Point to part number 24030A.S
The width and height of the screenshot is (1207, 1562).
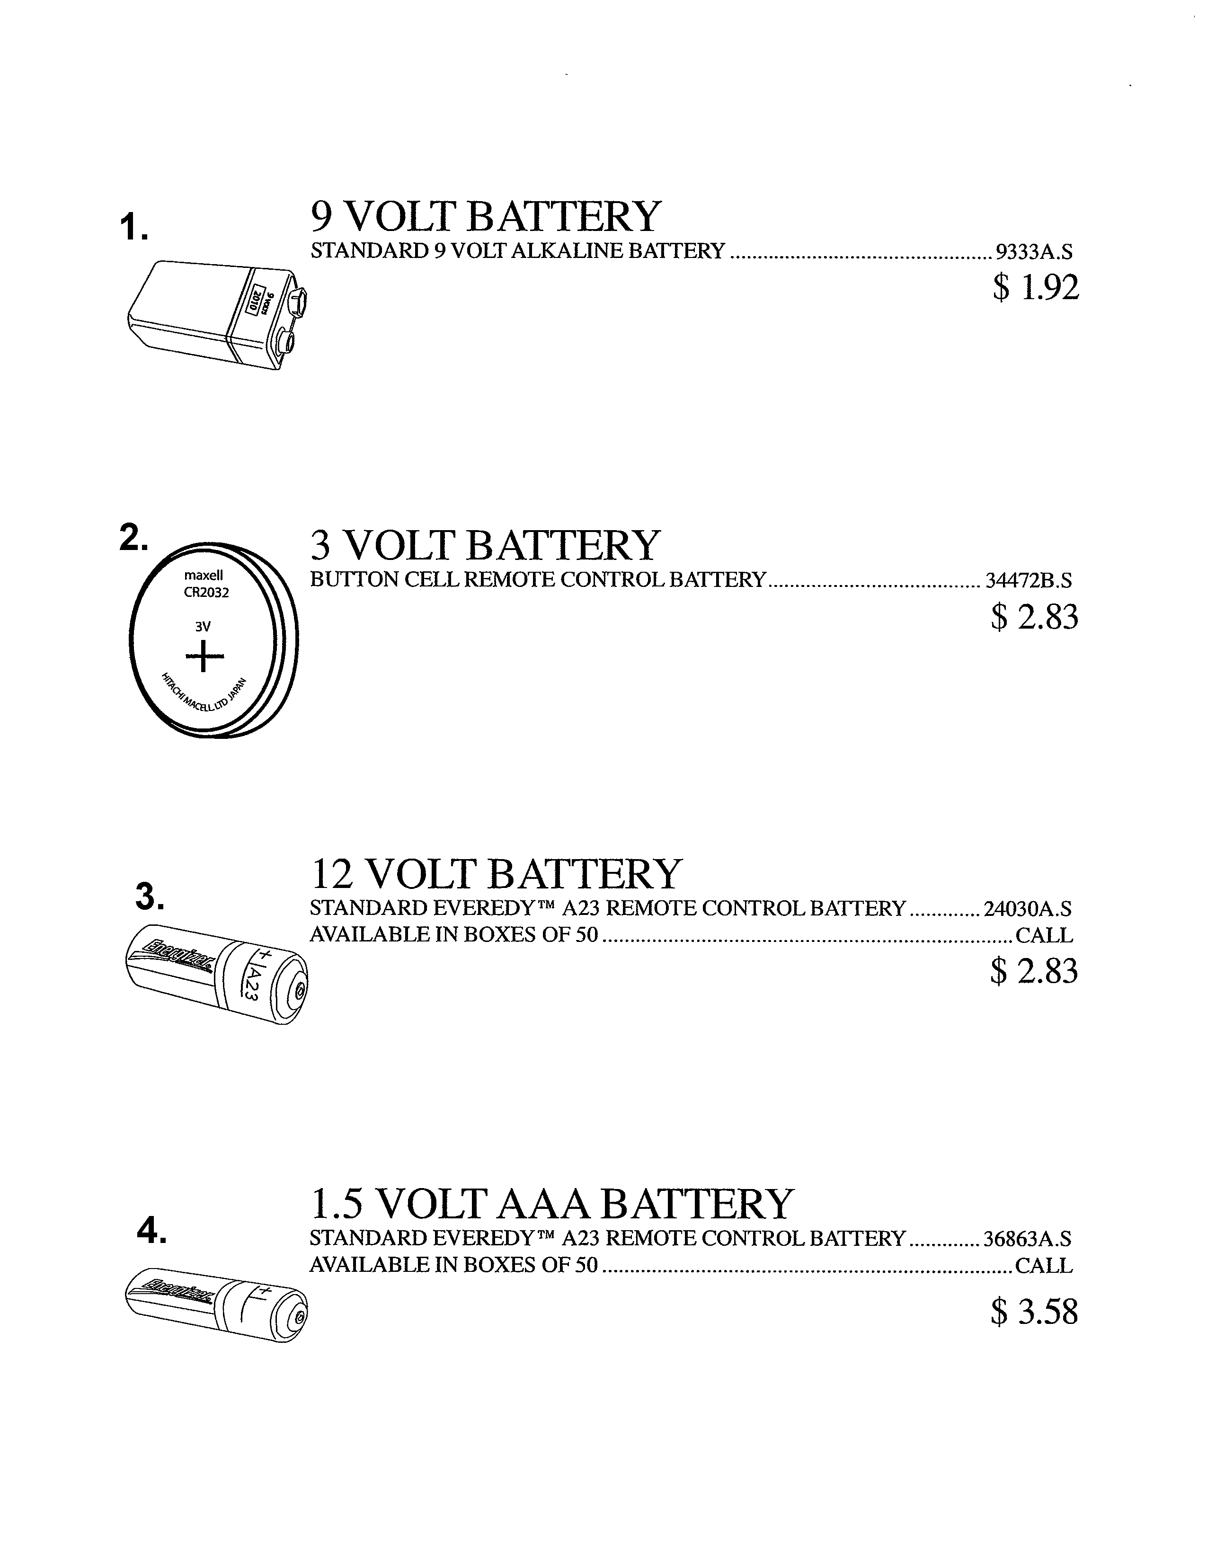[x=1028, y=909]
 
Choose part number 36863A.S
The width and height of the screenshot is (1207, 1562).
[x=1028, y=1238]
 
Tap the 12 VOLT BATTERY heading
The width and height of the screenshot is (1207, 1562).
[x=496, y=874]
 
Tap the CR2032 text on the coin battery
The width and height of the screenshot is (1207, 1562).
[x=206, y=592]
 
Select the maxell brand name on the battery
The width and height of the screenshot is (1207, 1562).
[x=204, y=575]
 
